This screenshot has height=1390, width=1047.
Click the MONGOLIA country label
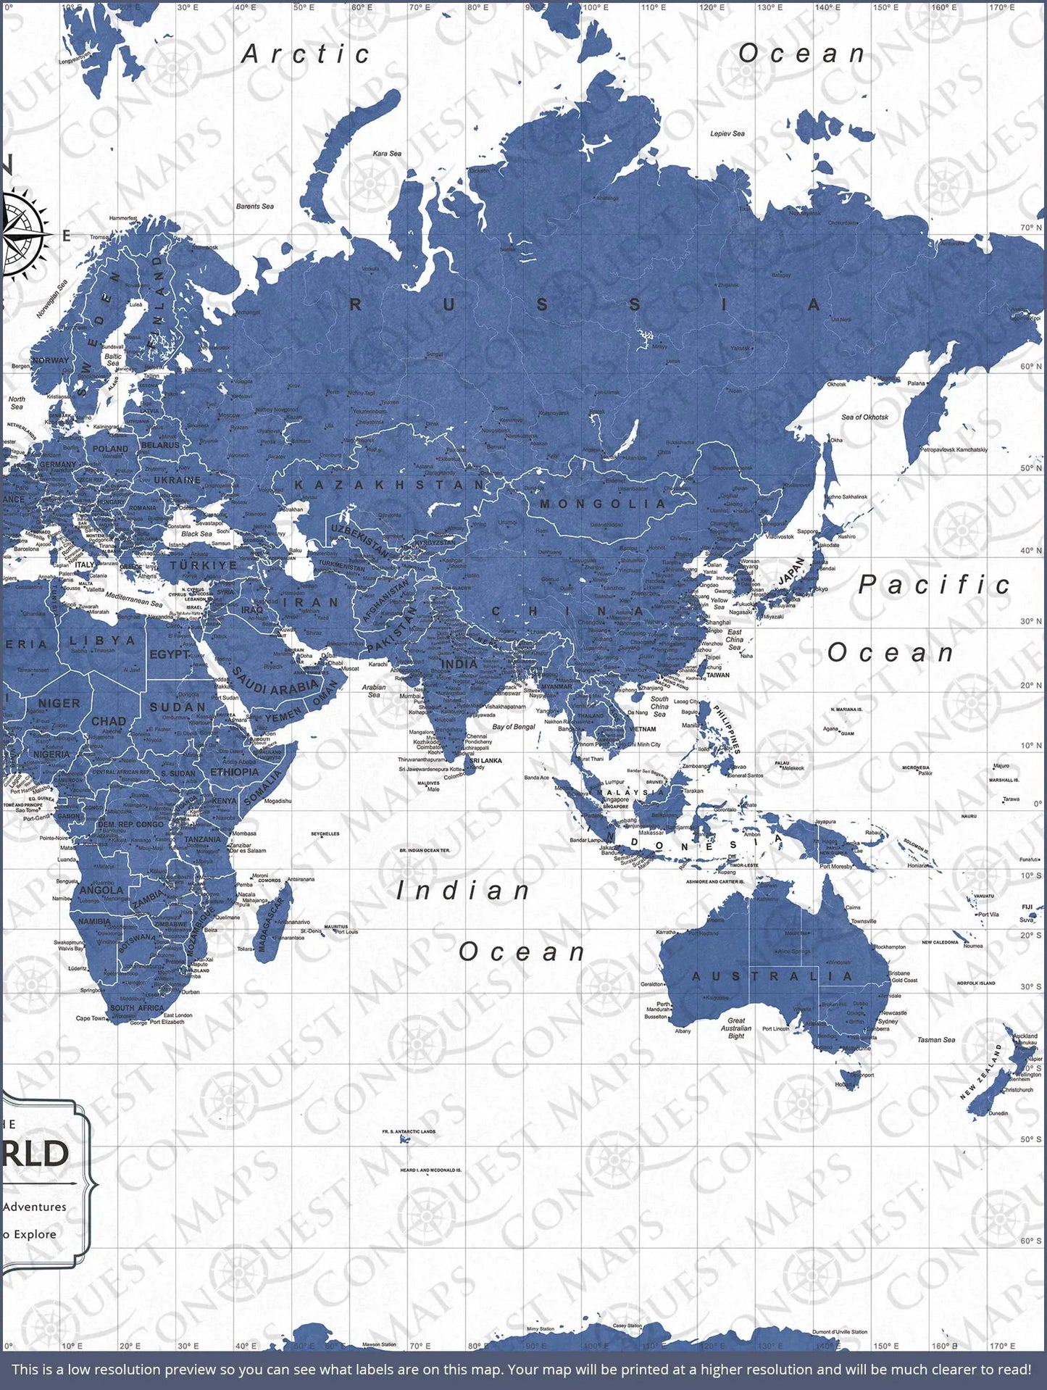603,504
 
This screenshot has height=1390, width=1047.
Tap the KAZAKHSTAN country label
390,484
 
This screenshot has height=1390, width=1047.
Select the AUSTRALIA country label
772,976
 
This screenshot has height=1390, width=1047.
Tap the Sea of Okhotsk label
864,417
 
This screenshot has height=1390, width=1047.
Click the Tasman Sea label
936,1039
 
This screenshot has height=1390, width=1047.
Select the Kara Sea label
387,154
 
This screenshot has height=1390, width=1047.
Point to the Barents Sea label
255,207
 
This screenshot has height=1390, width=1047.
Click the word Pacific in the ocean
934,585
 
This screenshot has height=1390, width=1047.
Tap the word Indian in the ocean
464,891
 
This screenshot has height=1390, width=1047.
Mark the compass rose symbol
20,233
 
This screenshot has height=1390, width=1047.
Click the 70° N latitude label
1031,228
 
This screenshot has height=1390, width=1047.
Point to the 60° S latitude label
1031,1241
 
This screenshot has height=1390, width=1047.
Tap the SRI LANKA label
485,760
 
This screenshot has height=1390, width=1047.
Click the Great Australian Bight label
736,1028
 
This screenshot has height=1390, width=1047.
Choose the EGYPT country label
169,654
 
